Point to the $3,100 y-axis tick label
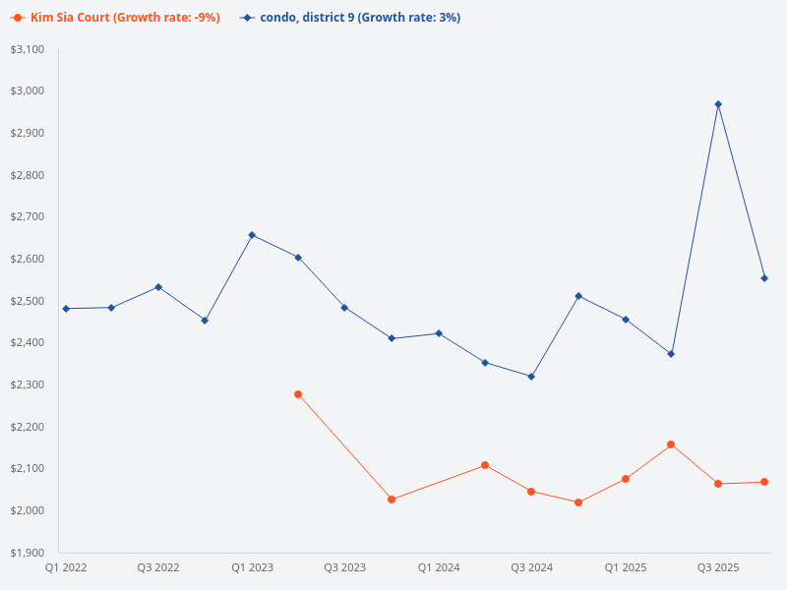coord(29,49)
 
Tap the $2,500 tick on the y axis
coord(29,301)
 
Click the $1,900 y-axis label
coord(29,553)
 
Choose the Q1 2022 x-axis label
coord(65,567)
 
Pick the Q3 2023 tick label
coord(344,567)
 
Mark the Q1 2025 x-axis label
coord(625,567)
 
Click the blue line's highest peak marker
coord(718,104)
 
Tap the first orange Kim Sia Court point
coord(298,394)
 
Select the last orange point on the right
coord(764,482)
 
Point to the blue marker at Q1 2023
coord(252,235)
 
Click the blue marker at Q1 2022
coord(66,309)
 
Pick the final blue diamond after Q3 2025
coord(764,278)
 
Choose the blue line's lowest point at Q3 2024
coord(531,377)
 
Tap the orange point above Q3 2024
coord(531,492)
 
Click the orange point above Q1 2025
coord(626,479)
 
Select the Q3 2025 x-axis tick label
coord(718,567)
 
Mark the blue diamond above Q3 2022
coord(158,287)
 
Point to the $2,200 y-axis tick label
coord(29,427)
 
